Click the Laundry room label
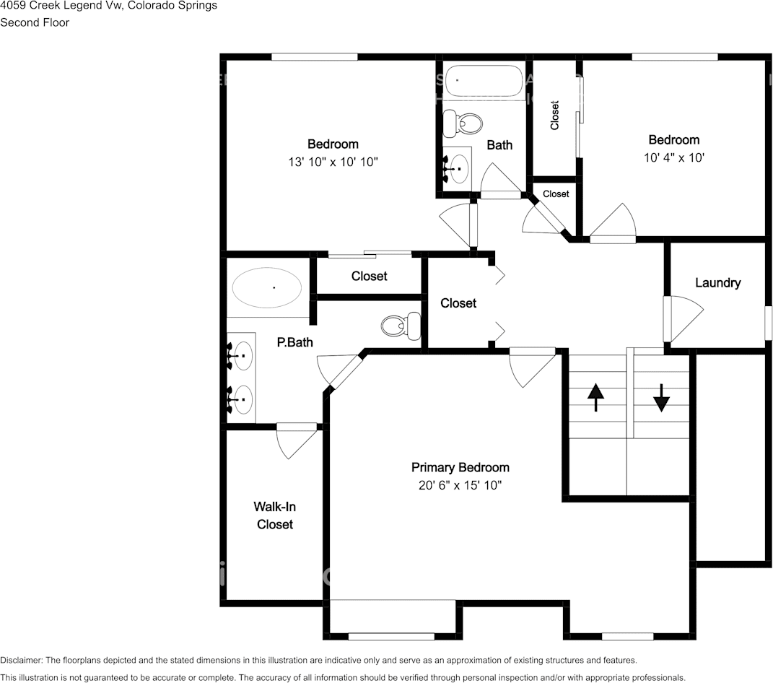717,282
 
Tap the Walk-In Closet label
274,515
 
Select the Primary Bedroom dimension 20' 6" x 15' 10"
460,485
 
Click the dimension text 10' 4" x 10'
674,157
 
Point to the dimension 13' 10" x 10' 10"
333,162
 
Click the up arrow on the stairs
596,397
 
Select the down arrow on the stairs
661,398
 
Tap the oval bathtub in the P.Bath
267,287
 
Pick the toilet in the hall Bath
463,123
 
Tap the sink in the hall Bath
459,169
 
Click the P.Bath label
294,342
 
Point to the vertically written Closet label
554,116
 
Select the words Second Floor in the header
35,22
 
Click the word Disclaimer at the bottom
21,660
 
